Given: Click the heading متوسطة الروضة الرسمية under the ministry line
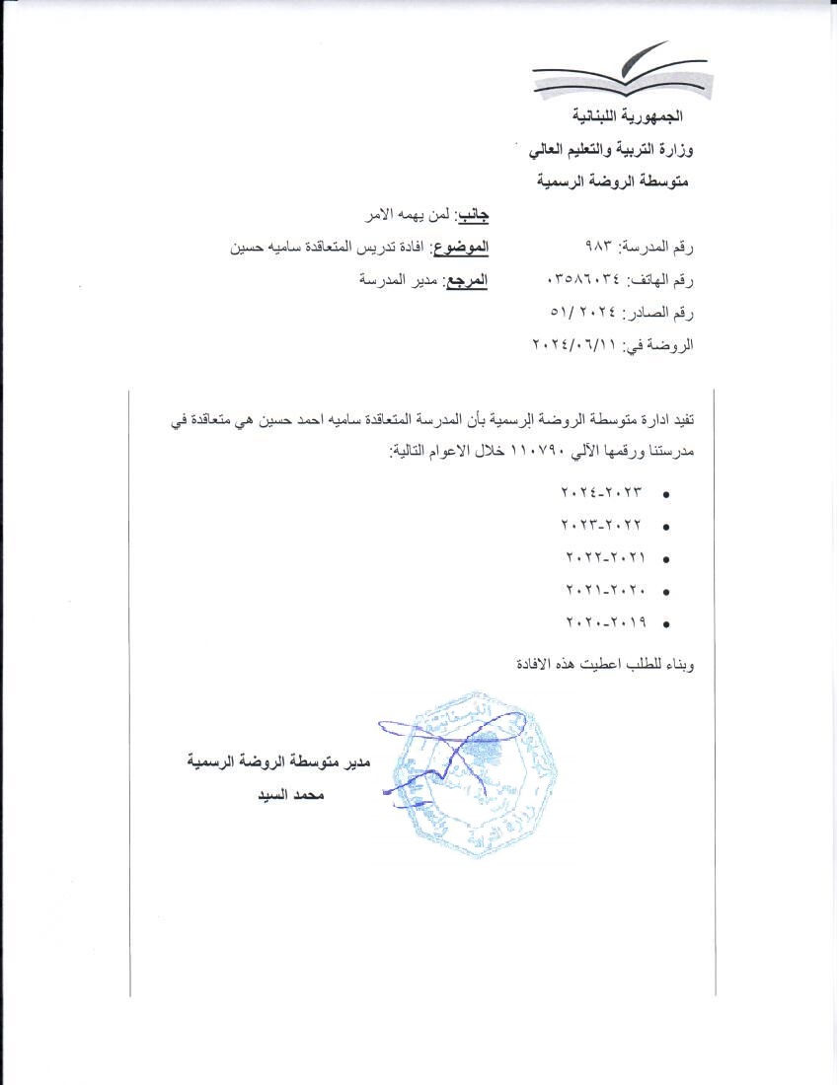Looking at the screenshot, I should click(x=614, y=182).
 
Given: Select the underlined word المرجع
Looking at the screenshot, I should click(x=466, y=280).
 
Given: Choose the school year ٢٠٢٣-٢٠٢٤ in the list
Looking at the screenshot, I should click(x=601, y=491).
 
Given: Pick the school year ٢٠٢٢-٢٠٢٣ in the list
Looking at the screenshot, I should click(x=601, y=525).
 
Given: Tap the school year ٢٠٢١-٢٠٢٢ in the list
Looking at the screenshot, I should click(x=604, y=557).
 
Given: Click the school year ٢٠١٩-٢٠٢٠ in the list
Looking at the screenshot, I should click(x=604, y=623).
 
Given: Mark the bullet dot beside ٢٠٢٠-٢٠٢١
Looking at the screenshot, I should click(x=668, y=591).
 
